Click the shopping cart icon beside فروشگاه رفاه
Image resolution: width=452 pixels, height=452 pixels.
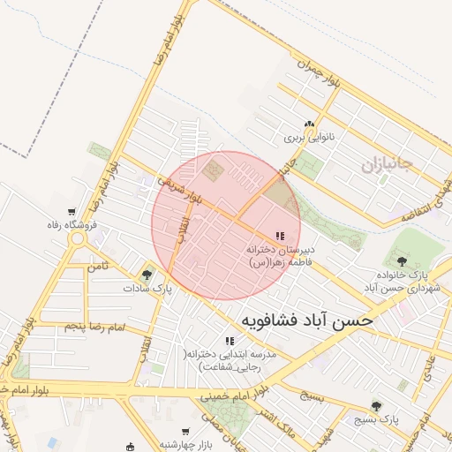[71, 212]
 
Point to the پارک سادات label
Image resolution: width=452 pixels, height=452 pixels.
[147, 288]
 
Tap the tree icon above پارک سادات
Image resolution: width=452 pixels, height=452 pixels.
[147, 275]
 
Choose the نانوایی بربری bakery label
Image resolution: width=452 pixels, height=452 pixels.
[305, 139]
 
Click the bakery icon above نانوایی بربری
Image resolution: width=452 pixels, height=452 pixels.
[308, 125]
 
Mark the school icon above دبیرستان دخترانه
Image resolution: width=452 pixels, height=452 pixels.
[280, 236]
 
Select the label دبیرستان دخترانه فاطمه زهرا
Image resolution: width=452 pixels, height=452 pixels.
[275, 256]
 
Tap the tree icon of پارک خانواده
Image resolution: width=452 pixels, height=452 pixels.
[403, 260]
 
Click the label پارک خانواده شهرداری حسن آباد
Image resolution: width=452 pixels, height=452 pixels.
[402, 282]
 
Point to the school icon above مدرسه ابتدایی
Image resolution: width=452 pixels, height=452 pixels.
[230, 341]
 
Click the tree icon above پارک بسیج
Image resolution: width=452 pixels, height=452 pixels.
[377, 406]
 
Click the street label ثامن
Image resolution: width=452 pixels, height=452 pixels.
[97, 265]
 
